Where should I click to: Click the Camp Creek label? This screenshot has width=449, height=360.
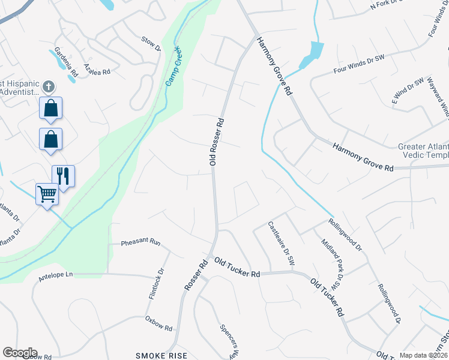pyautogui.click(x=174, y=65)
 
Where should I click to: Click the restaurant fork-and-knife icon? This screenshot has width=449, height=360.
pyautogui.click(x=63, y=176)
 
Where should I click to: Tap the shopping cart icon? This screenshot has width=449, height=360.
pyautogui.click(x=47, y=194)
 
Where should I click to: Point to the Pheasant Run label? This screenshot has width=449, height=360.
pyautogui.click(x=141, y=243)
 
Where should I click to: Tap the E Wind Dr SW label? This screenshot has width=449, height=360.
pyautogui.click(x=408, y=89)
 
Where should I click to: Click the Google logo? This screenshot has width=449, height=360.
pyautogui.click(x=20, y=353)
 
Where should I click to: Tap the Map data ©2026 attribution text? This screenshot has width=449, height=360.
pyautogui.click(x=423, y=355)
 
